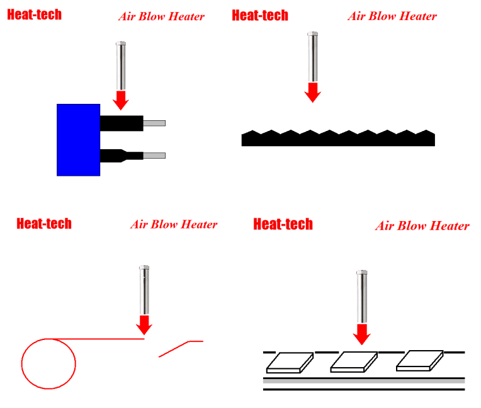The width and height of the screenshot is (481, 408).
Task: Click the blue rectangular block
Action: (x=78, y=140)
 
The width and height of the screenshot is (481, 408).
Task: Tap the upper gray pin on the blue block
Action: (x=154, y=123)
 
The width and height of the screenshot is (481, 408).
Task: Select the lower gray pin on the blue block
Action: (x=154, y=156)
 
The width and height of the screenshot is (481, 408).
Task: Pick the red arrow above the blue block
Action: (x=121, y=98)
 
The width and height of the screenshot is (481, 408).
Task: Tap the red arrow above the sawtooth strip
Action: (x=313, y=93)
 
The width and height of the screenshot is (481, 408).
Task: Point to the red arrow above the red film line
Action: (x=144, y=324)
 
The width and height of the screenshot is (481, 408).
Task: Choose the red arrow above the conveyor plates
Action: (x=361, y=334)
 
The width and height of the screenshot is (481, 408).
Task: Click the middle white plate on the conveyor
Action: (x=353, y=361)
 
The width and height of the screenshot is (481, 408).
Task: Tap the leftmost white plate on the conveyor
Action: (x=290, y=361)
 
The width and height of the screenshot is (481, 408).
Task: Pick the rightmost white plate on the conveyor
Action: (x=419, y=360)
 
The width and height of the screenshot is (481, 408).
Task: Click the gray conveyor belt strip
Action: (x=363, y=381)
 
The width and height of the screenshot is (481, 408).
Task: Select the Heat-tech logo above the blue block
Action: (x=34, y=14)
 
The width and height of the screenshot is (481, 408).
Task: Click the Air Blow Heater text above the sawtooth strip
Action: (x=392, y=16)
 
